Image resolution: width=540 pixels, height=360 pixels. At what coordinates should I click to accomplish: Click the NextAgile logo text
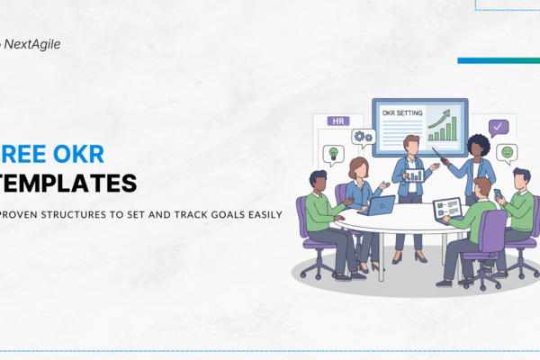point(35,43)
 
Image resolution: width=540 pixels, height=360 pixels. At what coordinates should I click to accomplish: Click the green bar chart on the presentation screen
point(443,126)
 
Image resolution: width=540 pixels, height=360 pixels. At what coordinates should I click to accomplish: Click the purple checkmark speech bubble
point(498,127)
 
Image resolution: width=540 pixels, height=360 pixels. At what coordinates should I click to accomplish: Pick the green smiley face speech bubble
point(507,152)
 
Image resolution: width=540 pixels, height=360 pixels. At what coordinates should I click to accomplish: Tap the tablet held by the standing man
point(415,175)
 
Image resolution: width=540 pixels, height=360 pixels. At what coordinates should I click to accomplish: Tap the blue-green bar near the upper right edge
point(498,60)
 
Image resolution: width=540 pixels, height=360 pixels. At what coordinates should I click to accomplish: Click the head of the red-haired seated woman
point(357,167)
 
